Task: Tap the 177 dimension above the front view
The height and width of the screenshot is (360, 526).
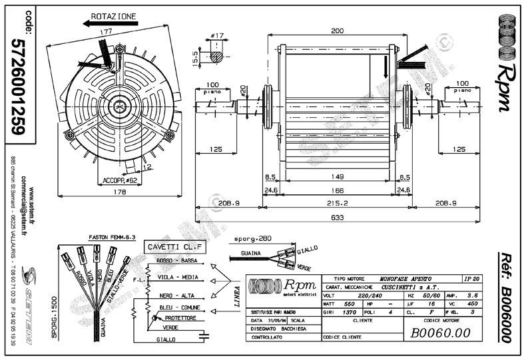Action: coord(105,31)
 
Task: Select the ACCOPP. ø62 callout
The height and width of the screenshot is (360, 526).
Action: coord(120,180)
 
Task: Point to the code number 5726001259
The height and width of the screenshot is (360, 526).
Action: coord(19,83)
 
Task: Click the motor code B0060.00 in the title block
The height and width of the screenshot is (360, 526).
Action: coord(441,332)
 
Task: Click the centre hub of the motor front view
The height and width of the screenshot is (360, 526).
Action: coord(119,103)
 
